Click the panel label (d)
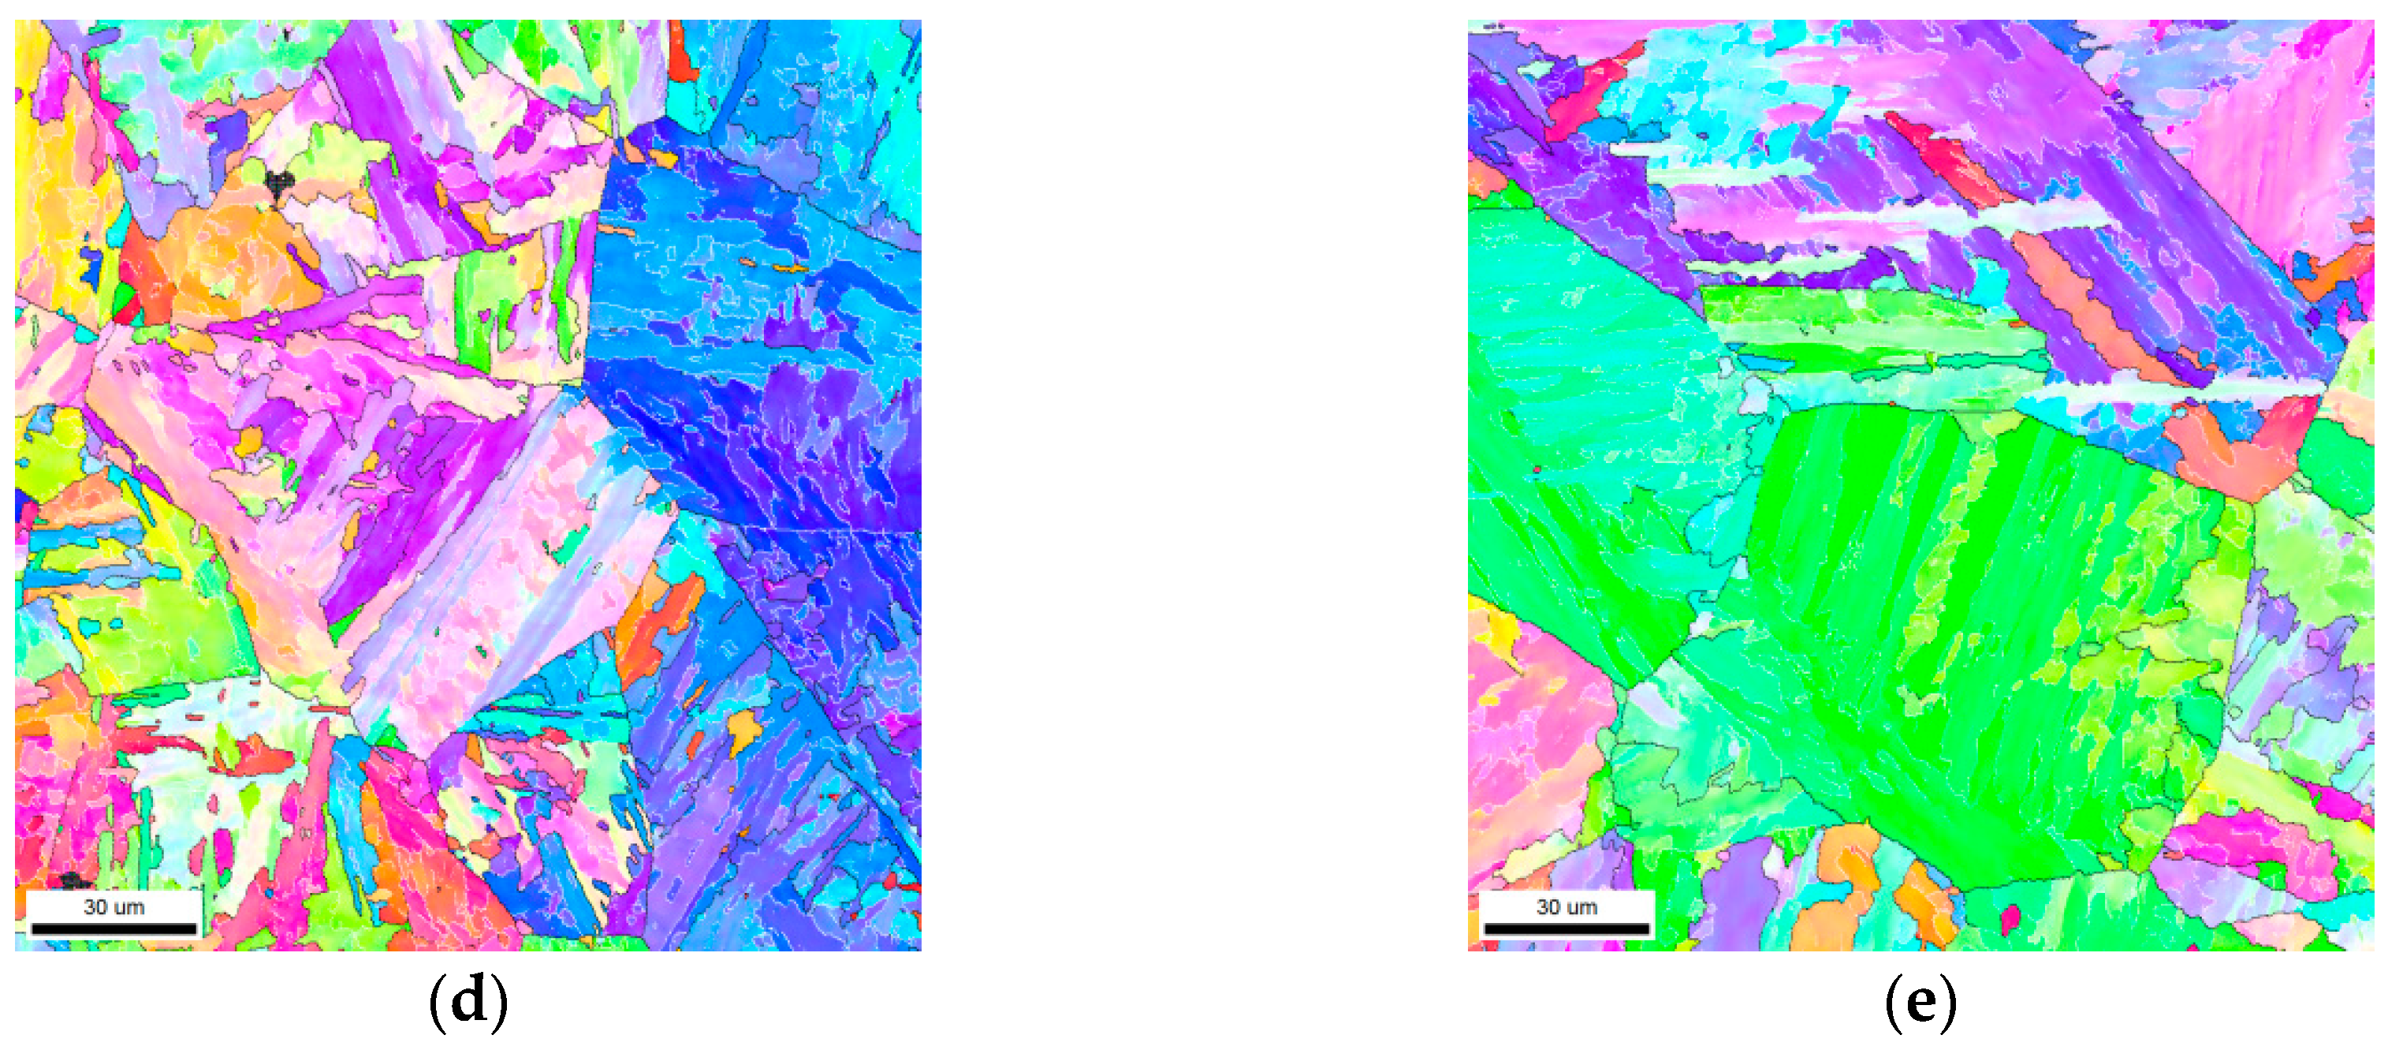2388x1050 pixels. [468, 1001]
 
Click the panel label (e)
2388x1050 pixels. [1920, 1001]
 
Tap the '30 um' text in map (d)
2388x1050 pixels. [114, 907]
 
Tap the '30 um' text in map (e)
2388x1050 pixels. [1567, 907]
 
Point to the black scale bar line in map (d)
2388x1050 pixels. [114, 929]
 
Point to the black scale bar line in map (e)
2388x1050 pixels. [1567, 929]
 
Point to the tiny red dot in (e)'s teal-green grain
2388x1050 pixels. [1536, 470]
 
